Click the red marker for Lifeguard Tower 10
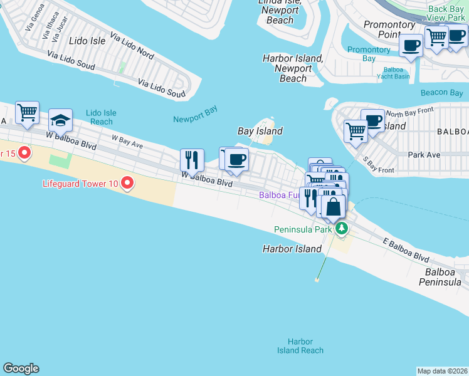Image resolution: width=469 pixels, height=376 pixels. (x=127, y=183)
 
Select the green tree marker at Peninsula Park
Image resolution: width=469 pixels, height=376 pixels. (x=341, y=228)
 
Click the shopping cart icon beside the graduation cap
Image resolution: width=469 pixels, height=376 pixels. (x=27, y=113)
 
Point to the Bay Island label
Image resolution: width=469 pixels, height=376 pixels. (x=260, y=131)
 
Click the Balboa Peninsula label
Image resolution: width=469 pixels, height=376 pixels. (x=443, y=277)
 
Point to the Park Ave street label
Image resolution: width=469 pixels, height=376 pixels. (x=424, y=155)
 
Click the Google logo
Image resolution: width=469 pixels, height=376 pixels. (x=21, y=368)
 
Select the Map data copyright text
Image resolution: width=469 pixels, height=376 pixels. (x=442, y=371)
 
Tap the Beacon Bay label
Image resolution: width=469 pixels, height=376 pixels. (x=442, y=92)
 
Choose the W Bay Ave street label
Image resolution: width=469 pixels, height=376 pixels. (x=127, y=142)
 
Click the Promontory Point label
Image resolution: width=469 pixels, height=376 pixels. (x=389, y=29)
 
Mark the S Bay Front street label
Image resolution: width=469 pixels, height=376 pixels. (x=379, y=165)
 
